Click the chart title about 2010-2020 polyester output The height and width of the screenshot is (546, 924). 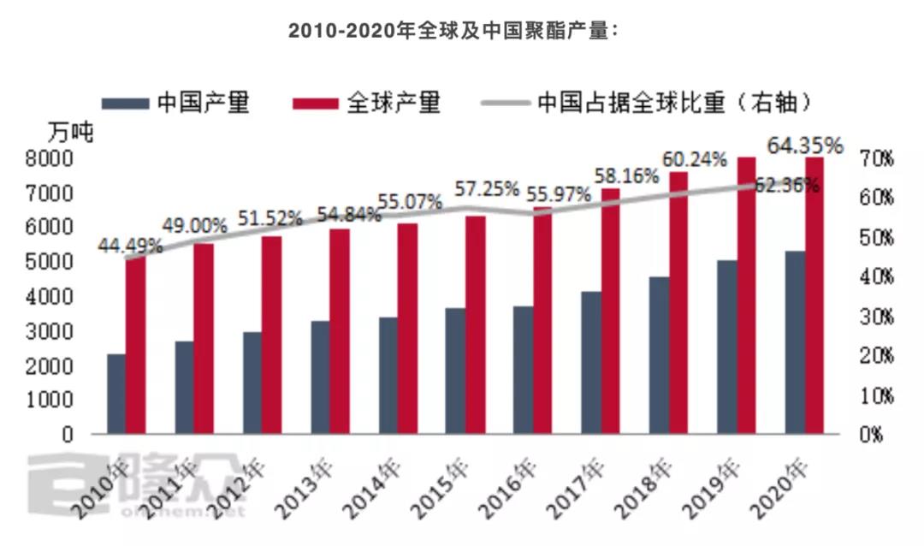point(453,30)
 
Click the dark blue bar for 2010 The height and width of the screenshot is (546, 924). point(116,394)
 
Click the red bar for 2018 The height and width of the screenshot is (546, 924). point(678,303)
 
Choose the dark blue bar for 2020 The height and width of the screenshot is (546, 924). point(795,342)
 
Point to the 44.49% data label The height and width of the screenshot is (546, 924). point(130,246)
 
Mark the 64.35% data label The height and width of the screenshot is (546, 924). point(805,145)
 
